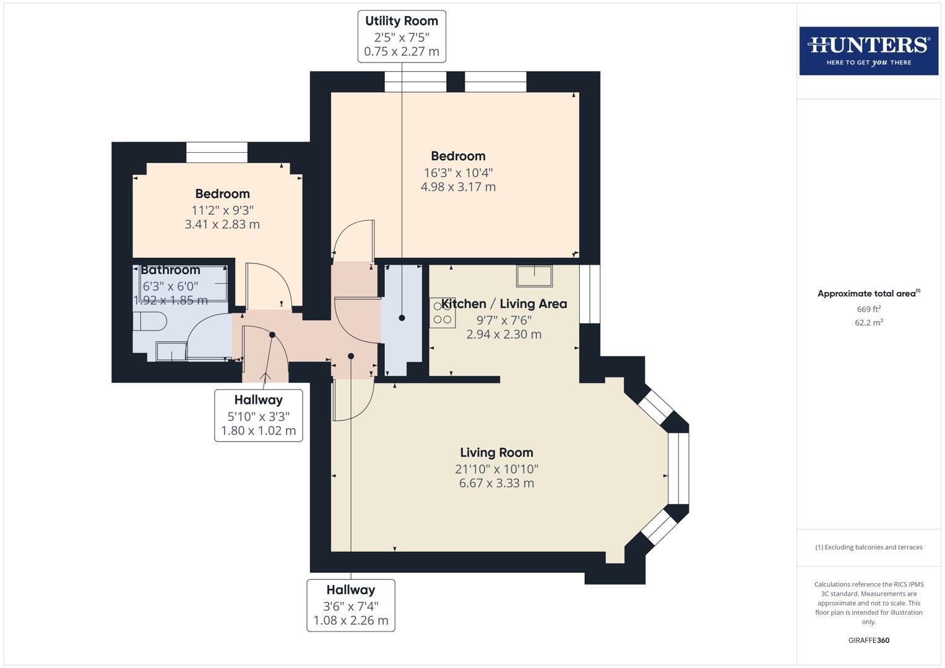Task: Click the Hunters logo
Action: click(868, 51)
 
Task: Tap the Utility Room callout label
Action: click(401, 36)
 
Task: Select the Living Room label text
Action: click(496, 453)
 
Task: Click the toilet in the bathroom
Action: click(150, 322)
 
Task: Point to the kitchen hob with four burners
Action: click(442, 313)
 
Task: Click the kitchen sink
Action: click(534, 276)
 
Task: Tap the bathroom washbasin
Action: click(171, 351)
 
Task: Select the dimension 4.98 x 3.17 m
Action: click(458, 187)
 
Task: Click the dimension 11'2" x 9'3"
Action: click(222, 210)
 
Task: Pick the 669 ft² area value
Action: click(868, 309)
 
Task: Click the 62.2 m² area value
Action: click(868, 322)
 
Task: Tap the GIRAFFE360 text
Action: click(868, 640)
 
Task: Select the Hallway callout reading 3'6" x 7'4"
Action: click(351, 605)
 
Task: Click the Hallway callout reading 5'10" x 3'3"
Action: click(258, 415)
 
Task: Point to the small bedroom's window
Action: click(217, 152)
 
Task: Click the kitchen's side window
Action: click(589, 294)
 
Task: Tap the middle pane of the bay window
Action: click(678, 468)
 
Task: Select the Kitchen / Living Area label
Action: click(504, 304)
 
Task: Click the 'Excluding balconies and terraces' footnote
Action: click(868, 547)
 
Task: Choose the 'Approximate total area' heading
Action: click(868, 294)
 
